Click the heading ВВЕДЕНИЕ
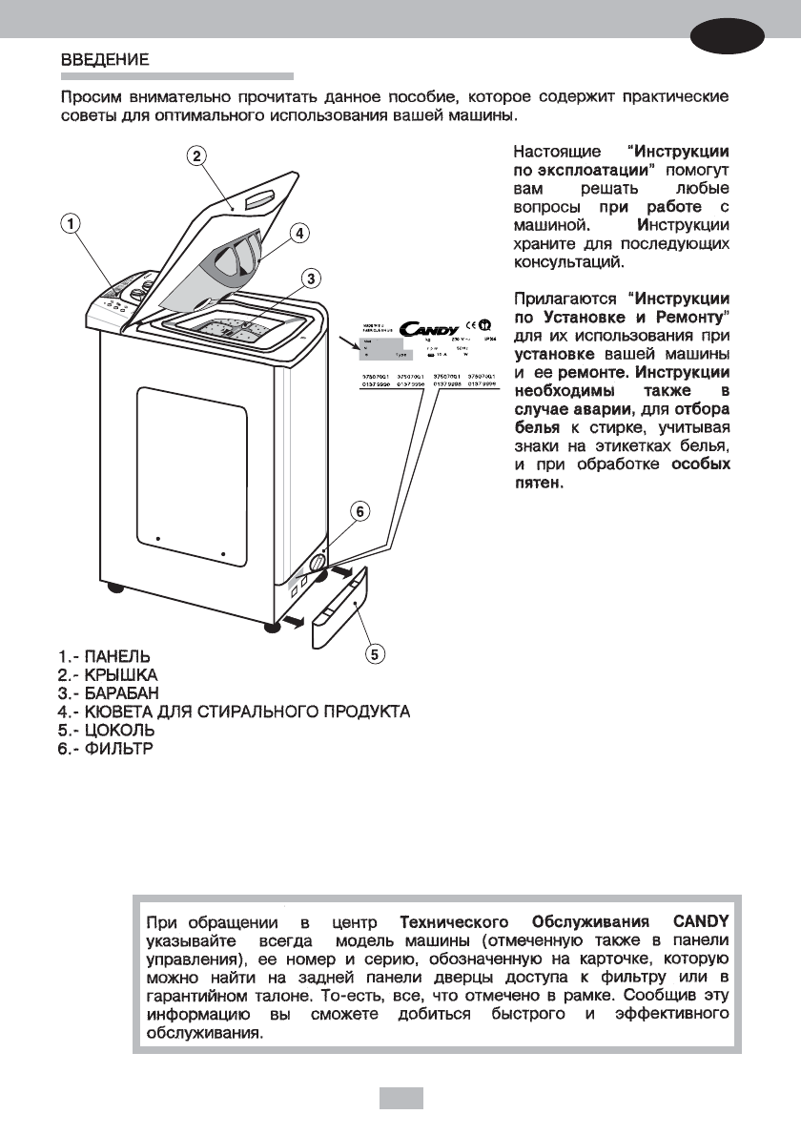click(x=105, y=59)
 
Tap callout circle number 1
click(x=71, y=222)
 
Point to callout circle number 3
click(x=298, y=232)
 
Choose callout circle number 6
click(x=359, y=511)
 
